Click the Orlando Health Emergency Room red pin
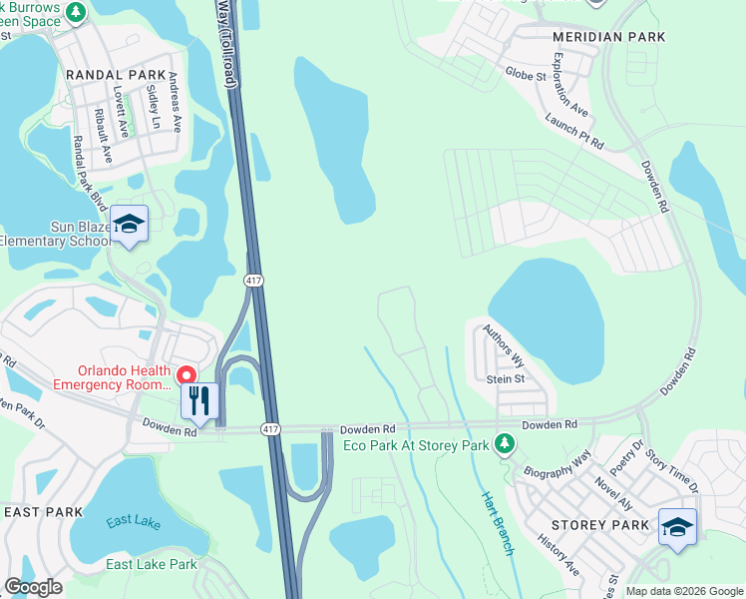[x=186, y=375]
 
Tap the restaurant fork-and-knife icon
[x=199, y=401]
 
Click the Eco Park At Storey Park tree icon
[x=505, y=442]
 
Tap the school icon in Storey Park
[x=677, y=526]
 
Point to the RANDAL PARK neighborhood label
[x=109, y=75]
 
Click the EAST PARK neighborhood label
[x=43, y=512]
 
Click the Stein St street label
[x=506, y=379]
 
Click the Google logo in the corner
[x=33, y=587]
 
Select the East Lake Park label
[x=152, y=565]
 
